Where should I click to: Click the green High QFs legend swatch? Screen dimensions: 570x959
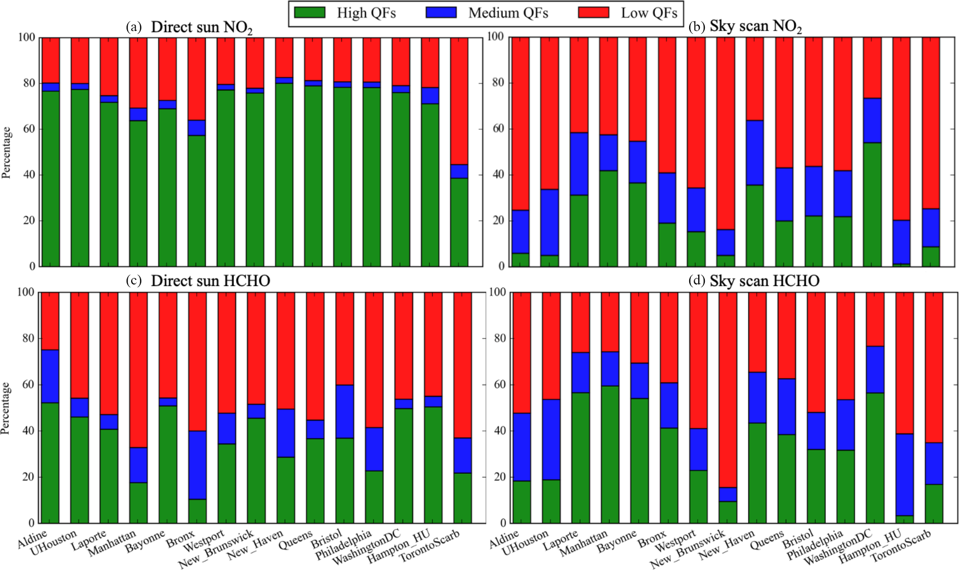(x=309, y=13)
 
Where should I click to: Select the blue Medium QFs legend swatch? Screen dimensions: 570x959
(x=441, y=13)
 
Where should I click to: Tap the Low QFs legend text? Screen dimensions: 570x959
(x=649, y=13)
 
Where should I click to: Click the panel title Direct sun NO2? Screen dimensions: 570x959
(x=201, y=27)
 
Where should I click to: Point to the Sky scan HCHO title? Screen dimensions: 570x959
(x=764, y=281)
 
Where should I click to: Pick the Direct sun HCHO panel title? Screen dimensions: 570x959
(x=210, y=281)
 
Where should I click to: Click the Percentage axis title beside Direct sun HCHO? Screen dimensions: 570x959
(x=6, y=408)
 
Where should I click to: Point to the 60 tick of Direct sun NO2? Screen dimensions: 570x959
(x=29, y=129)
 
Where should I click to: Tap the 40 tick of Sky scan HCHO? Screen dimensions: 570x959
(x=499, y=431)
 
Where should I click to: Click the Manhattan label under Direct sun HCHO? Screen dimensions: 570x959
(x=112, y=543)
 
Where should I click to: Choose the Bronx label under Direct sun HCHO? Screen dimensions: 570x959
(x=181, y=540)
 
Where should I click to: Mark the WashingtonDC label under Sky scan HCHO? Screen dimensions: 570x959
(x=838, y=546)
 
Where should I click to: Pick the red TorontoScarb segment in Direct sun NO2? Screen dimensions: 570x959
(x=459, y=101)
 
